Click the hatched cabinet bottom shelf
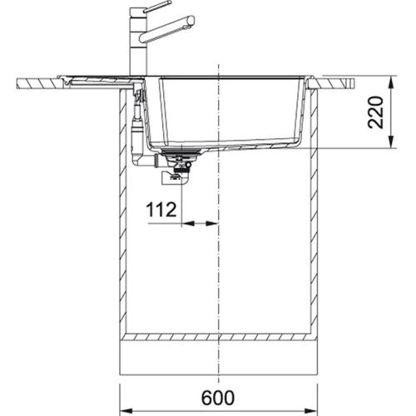(219, 338)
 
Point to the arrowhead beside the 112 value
(188, 223)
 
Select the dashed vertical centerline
(219, 266)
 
